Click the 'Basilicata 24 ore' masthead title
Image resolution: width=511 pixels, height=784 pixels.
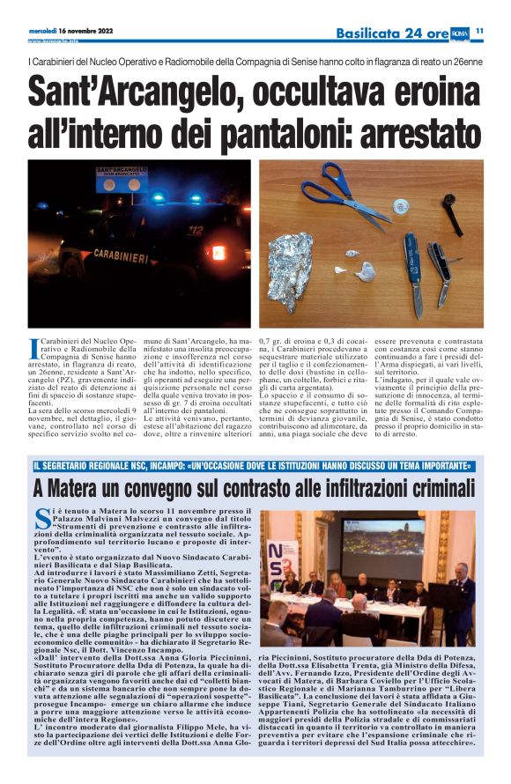point(392,33)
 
